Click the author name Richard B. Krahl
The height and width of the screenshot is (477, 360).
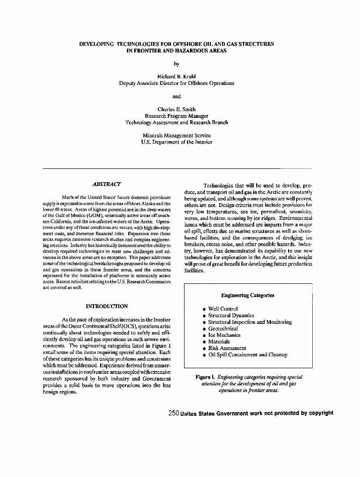pos(176,76)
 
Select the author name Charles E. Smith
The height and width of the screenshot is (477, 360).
pos(176,109)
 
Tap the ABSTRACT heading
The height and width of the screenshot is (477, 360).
pos(106,184)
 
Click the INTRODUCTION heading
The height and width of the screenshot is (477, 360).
pos(107,306)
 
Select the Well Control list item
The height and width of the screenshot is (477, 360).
pos(223,309)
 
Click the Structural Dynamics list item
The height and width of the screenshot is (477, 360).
pos(231,316)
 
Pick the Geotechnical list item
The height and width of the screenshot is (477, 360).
pos(223,329)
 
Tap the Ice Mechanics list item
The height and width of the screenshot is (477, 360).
pos(225,335)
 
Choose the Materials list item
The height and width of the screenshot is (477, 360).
pos(219,342)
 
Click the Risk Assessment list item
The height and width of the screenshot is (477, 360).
pos(227,348)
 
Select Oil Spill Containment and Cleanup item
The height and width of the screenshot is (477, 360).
pos(247,355)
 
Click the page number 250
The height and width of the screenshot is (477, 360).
pos(174,413)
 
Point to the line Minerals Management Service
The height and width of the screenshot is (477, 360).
pos(176,135)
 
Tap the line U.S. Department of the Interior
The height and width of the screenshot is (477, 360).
pos(176,142)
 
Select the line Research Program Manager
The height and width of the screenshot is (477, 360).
pos(176,116)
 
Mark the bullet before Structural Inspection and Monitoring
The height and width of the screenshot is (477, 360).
pos(204,322)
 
